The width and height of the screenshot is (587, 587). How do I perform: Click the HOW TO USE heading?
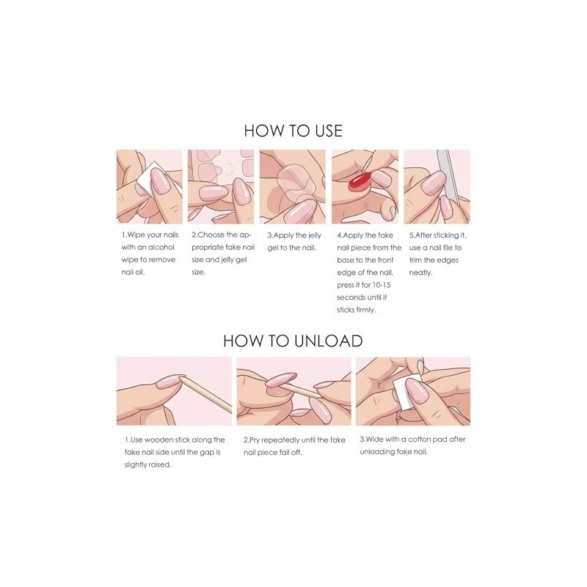[293, 131]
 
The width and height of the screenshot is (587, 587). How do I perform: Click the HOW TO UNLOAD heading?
[293, 340]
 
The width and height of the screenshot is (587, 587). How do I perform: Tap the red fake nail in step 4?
[359, 182]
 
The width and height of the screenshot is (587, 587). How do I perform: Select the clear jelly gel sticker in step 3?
[295, 181]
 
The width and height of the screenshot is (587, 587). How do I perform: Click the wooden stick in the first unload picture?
[207, 394]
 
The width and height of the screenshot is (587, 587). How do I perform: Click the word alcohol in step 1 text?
[161, 247]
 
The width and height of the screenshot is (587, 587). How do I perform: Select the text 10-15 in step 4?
[382, 285]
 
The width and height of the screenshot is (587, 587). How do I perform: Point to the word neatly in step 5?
[420, 272]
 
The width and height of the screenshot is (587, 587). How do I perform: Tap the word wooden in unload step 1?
[158, 440]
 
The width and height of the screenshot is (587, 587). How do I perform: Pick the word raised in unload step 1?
[160, 465]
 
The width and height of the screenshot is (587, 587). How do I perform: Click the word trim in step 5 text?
[415, 260]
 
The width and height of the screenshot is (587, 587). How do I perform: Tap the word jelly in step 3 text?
[315, 236]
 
